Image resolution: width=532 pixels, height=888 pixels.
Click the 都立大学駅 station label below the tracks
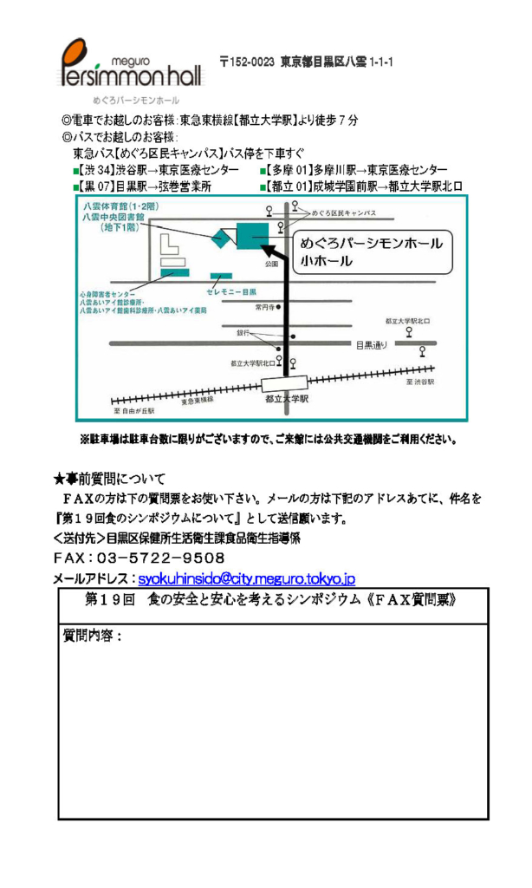[286, 400]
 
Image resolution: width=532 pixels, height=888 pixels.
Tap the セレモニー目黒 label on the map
[231, 293]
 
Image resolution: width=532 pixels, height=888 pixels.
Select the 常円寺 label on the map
[264, 307]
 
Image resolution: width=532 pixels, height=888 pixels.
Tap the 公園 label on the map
[271, 264]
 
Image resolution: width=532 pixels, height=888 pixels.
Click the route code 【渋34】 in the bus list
[99, 169]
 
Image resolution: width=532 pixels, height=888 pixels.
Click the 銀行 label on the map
[243, 332]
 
